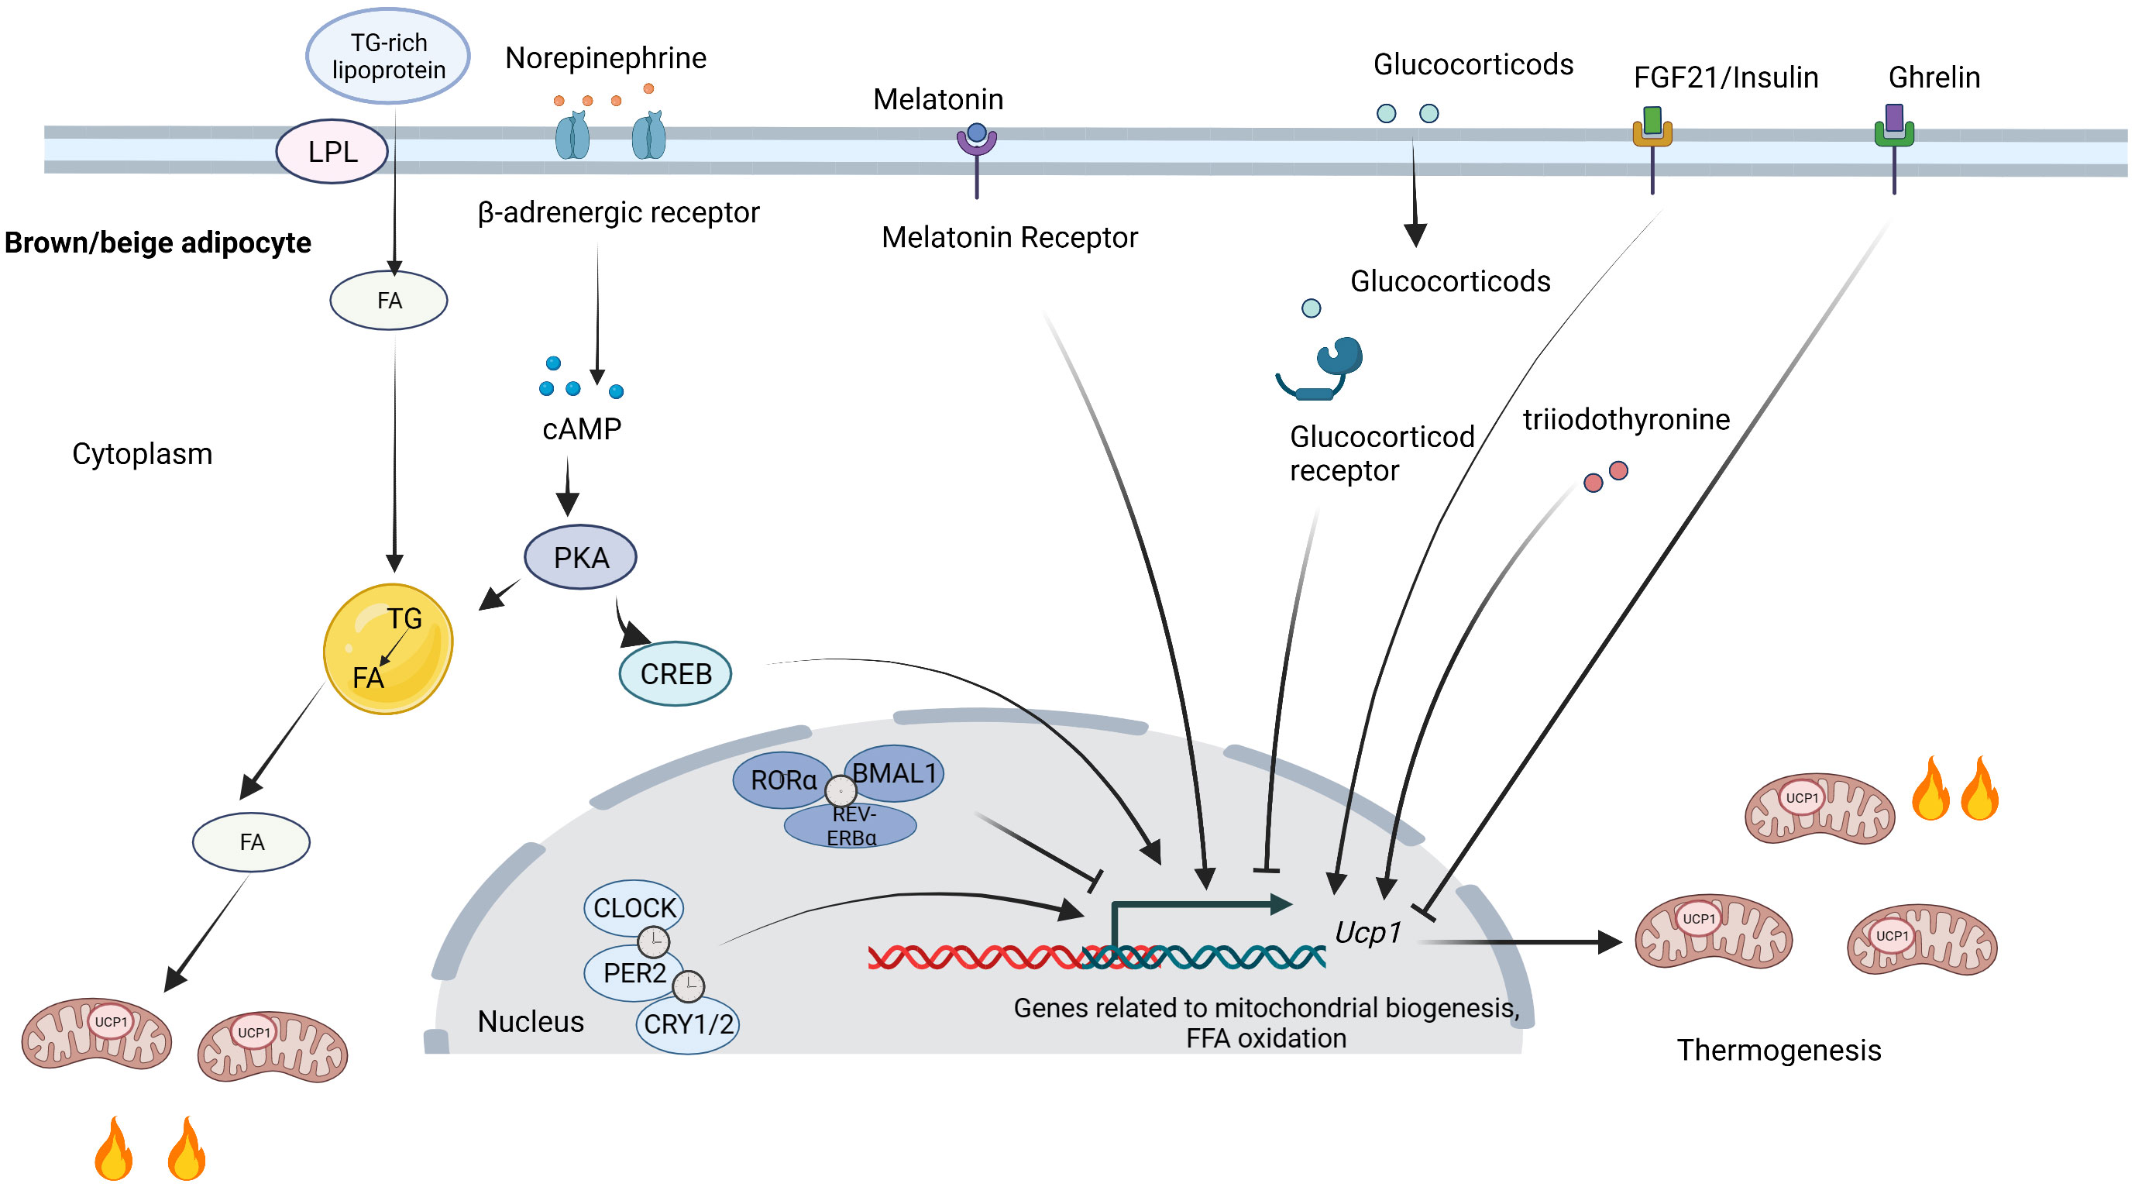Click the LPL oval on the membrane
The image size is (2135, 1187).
tap(332, 152)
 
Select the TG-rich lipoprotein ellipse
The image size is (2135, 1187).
tap(388, 56)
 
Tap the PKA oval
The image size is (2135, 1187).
tap(580, 557)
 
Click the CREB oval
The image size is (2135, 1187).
tap(676, 674)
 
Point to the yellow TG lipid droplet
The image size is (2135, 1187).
tap(388, 649)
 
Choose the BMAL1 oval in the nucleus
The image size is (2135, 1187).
tap(893, 773)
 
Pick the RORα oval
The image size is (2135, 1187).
tap(783, 780)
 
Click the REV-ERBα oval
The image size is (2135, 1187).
tap(851, 827)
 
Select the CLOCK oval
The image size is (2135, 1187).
tap(634, 907)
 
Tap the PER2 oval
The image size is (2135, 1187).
tap(634, 973)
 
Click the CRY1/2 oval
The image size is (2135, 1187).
tap(687, 1024)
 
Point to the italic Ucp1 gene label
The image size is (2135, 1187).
tap(1367, 933)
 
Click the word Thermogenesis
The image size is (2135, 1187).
tap(1779, 1050)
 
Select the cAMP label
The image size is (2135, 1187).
tap(582, 428)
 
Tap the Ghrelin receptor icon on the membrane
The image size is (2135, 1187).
tap(1894, 147)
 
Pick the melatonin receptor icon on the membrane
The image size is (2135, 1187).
tap(976, 160)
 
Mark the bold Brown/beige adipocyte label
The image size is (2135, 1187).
tap(157, 243)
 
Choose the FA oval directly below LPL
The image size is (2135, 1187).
tap(389, 300)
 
